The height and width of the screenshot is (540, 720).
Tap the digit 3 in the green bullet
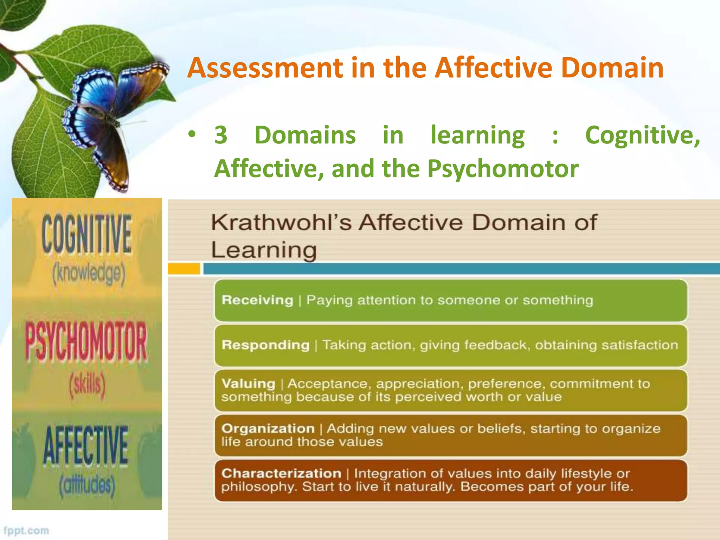[x=221, y=135]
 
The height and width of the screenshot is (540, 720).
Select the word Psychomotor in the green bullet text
[x=503, y=169]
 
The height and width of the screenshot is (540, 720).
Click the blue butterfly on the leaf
[x=112, y=116]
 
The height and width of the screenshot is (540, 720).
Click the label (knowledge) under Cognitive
[x=89, y=274]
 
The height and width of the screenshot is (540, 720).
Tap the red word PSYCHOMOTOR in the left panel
[x=86, y=341]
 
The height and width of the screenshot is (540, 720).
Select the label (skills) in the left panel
[x=88, y=385]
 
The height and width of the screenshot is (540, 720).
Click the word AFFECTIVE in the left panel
[x=86, y=445]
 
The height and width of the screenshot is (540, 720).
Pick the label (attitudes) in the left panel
[x=87, y=486]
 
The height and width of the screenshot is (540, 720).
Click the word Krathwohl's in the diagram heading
[x=281, y=223]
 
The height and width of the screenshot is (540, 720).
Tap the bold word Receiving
[x=257, y=300]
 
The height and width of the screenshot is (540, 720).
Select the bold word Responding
[x=265, y=345]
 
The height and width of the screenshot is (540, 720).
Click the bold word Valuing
[x=248, y=384]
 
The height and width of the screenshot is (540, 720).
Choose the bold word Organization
[x=268, y=429]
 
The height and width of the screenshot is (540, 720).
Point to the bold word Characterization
[x=281, y=474]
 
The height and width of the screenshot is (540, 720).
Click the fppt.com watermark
[x=26, y=531]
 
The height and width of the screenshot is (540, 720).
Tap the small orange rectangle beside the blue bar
[x=184, y=269]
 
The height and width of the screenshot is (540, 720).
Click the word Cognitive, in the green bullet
[x=642, y=135]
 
